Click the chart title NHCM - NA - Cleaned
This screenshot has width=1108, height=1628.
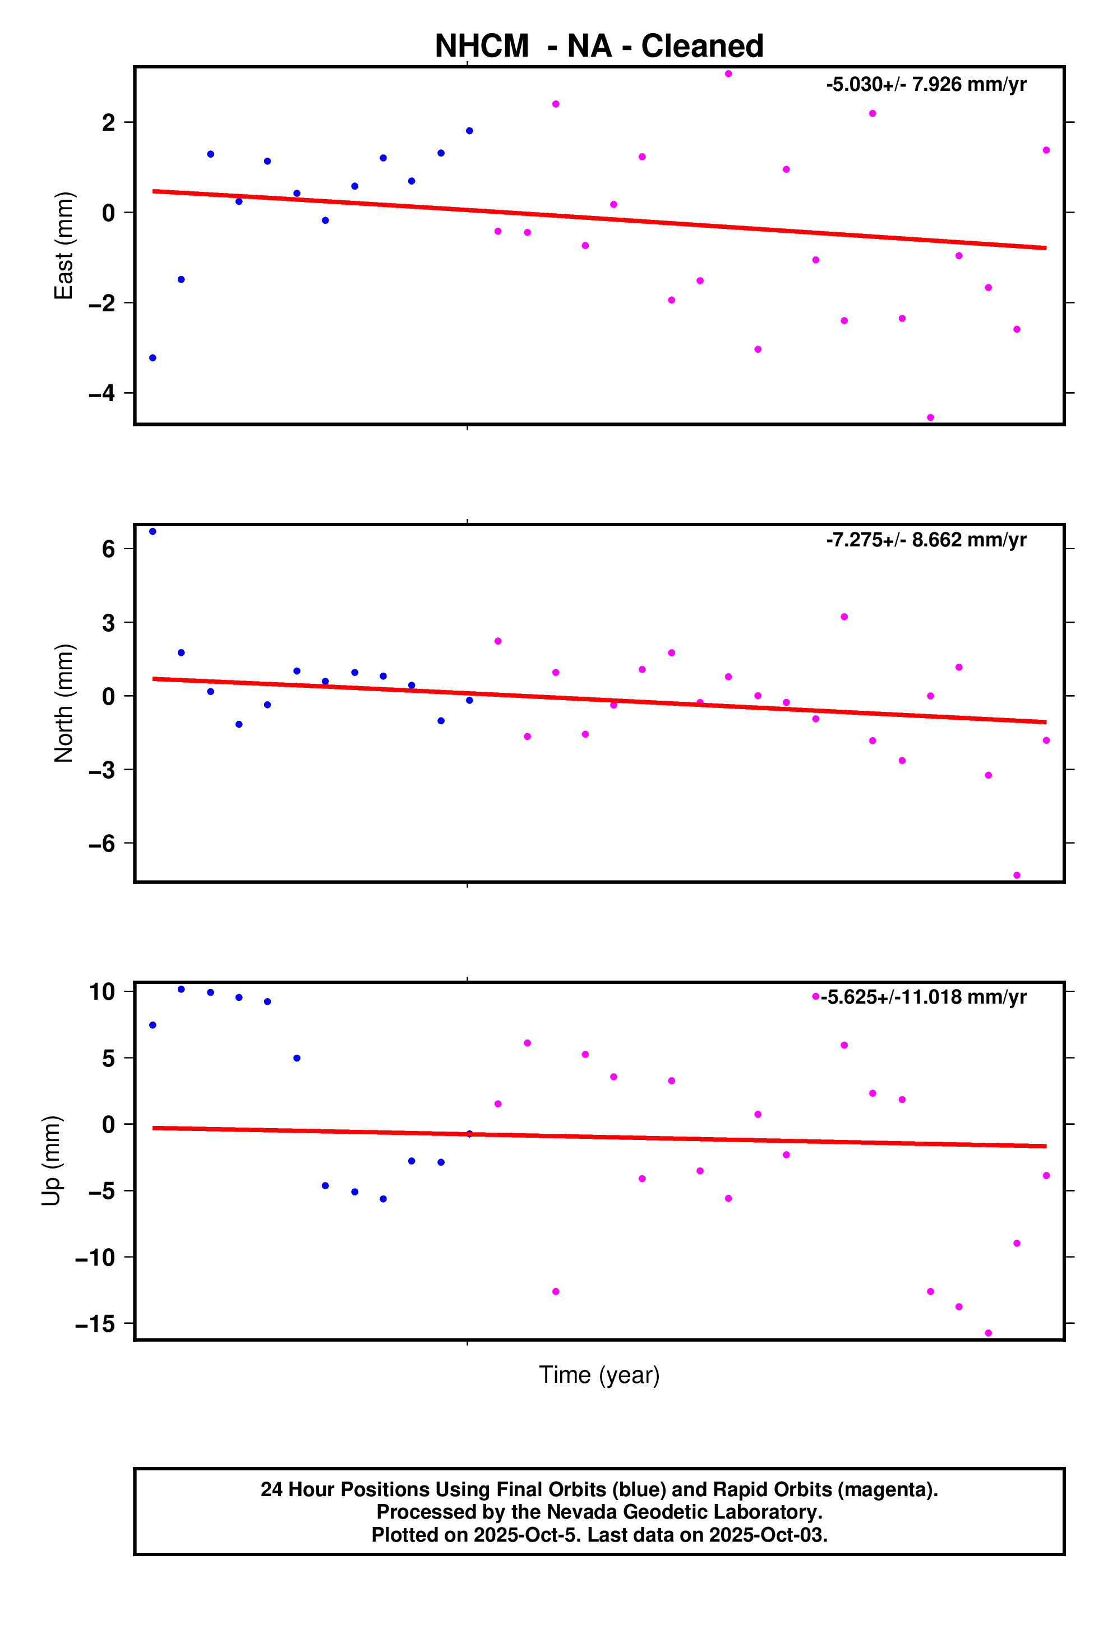[x=599, y=46]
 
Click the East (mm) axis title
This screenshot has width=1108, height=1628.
[x=64, y=245]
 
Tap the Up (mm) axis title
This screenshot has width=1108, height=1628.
[x=51, y=1160]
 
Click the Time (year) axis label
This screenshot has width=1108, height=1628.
[x=599, y=1374]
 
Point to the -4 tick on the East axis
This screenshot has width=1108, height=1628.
[x=101, y=393]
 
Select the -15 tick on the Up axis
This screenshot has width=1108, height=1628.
[x=95, y=1323]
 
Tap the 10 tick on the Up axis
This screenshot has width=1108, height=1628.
[x=101, y=991]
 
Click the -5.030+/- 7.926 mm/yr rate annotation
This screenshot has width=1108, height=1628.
[x=926, y=85]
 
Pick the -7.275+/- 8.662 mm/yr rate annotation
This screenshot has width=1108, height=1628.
[x=926, y=540]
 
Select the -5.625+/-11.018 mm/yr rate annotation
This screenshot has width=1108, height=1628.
[x=923, y=997]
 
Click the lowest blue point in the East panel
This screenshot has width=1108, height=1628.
[x=153, y=358]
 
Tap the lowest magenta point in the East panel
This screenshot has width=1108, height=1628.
[x=930, y=417]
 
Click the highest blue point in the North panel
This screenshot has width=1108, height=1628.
[x=153, y=532]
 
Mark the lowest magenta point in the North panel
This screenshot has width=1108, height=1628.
[x=1016, y=875]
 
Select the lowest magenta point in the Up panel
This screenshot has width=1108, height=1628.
[x=988, y=1333]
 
